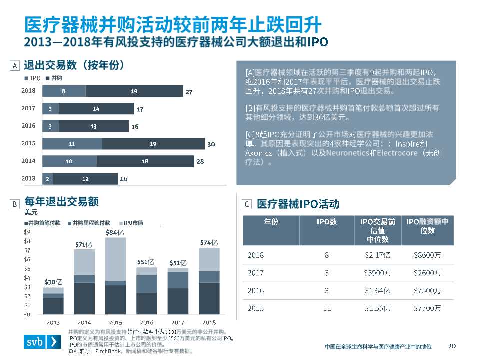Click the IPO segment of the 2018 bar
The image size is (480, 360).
(64, 91)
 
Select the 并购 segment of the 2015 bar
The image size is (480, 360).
(153, 144)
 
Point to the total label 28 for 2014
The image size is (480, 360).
(200, 162)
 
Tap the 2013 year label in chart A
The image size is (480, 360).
(29, 178)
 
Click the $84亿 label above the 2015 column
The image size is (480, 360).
(115, 232)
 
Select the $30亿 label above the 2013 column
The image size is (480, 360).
(53, 282)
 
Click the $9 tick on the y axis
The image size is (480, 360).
(27, 232)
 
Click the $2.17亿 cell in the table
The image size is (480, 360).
(377, 255)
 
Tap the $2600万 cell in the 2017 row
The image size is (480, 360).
(427, 273)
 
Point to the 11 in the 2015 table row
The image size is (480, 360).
(327, 308)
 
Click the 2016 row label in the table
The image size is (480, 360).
(255, 291)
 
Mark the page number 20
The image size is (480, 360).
(452, 346)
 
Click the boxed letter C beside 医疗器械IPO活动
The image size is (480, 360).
(246, 204)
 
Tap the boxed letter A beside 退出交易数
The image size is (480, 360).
(14, 65)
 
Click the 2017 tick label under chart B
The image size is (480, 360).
(178, 322)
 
